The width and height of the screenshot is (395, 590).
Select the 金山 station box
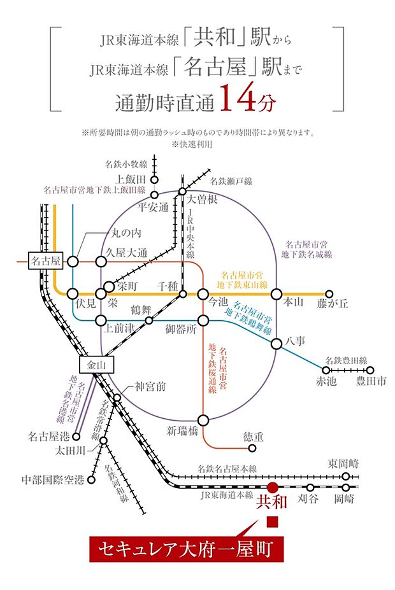[91, 365]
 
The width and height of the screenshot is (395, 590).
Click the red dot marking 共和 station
[272, 486]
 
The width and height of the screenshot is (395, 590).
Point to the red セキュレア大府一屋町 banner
[185, 547]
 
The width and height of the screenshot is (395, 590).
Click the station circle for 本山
[276, 293]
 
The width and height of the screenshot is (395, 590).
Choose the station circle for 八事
[276, 344]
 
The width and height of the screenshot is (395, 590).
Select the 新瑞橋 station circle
[203, 420]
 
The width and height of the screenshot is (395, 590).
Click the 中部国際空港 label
[53, 479]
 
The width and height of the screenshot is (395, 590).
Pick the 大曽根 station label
[202, 200]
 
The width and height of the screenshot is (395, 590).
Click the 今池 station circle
[203, 293]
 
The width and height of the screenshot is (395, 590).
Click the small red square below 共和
[272, 523]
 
